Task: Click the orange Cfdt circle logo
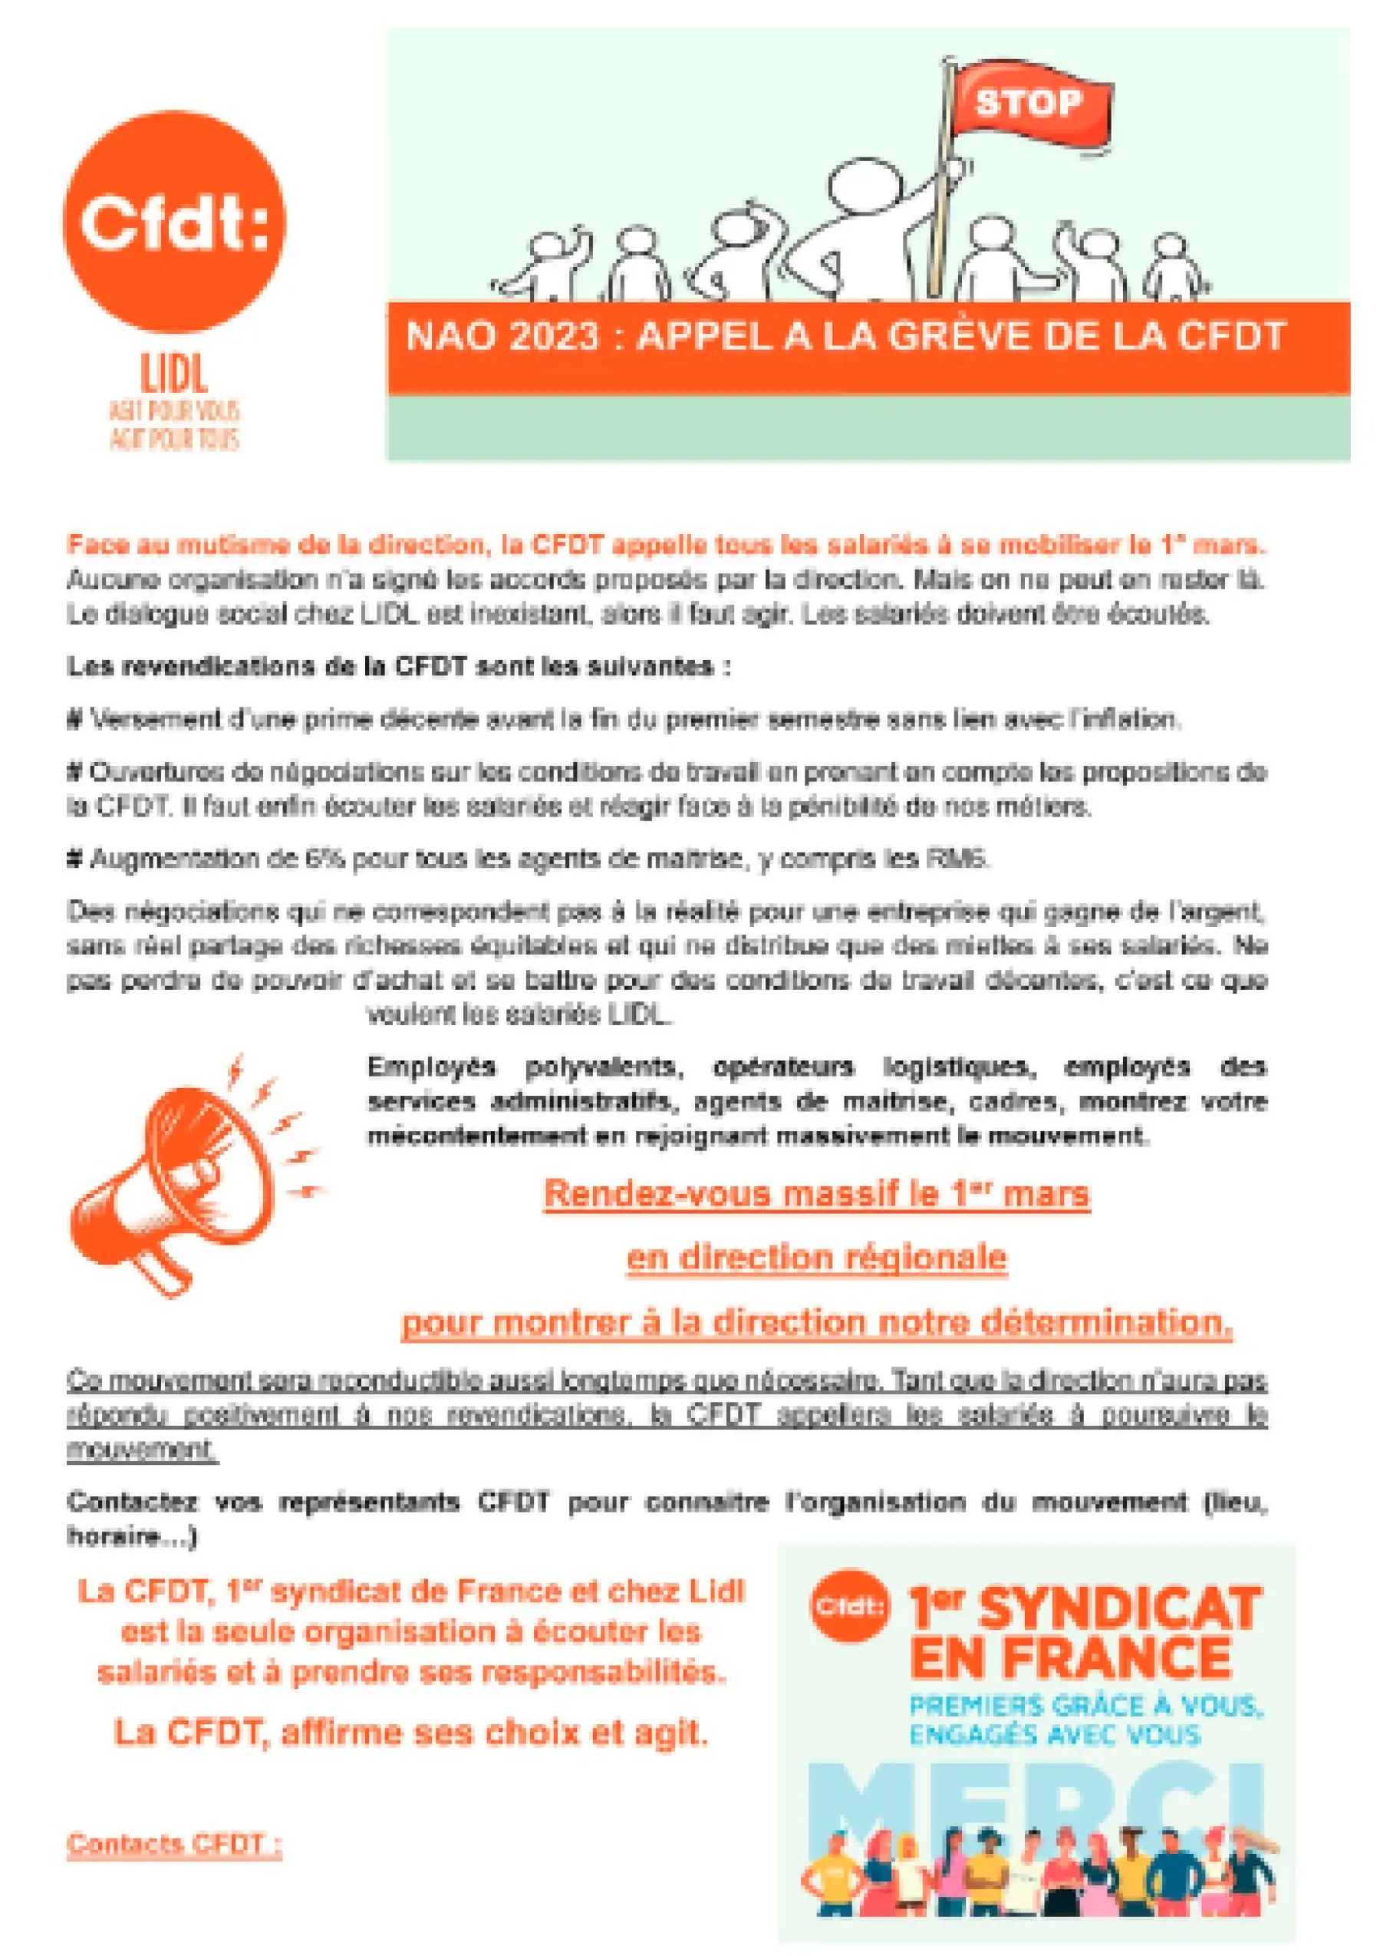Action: pos(175,222)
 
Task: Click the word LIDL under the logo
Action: pos(175,374)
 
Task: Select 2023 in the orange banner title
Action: pos(553,336)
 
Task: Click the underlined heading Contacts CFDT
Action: pos(173,1843)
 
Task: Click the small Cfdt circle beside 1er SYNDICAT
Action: pos(849,1607)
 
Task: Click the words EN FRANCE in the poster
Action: pos(1070,1658)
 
